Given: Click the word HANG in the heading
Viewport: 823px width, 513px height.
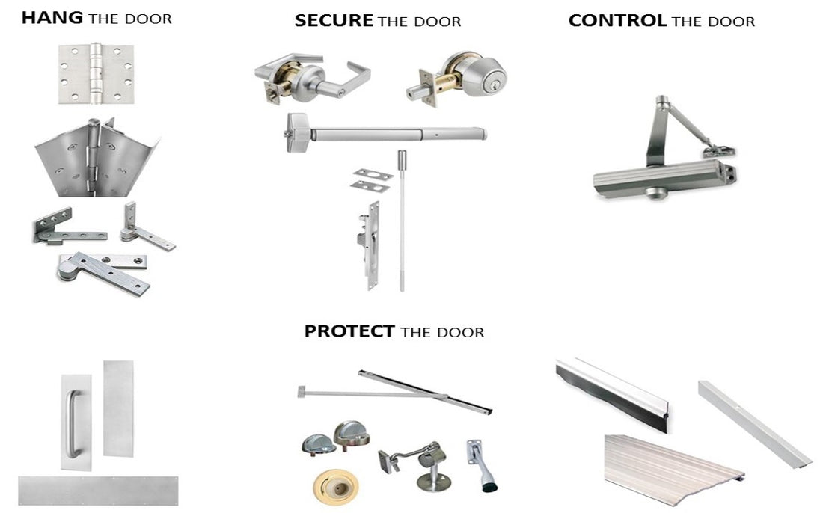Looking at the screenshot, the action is (x=52, y=18).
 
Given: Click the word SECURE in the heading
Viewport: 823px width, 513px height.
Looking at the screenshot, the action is (x=334, y=21).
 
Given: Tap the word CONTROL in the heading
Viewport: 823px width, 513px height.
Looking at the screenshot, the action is (x=617, y=21).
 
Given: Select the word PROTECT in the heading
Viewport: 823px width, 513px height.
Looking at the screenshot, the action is (x=349, y=331).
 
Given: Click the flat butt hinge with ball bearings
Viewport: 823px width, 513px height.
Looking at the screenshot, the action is (x=96, y=73).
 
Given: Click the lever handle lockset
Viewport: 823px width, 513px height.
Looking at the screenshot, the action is (x=312, y=78).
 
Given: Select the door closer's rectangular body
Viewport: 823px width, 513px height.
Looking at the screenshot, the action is (x=664, y=179).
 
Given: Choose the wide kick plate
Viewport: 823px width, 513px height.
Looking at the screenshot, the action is (x=98, y=491).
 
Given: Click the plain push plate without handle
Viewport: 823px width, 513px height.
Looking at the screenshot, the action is (x=118, y=408).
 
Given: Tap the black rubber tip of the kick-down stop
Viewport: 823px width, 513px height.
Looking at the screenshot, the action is (x=489, y=487).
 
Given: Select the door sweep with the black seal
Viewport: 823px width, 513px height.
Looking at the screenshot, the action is (x=612, y=393).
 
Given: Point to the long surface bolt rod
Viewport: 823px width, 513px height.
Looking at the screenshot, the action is (x=402, y=221).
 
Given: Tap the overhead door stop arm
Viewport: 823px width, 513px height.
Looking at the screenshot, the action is (x=395, y=393).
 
